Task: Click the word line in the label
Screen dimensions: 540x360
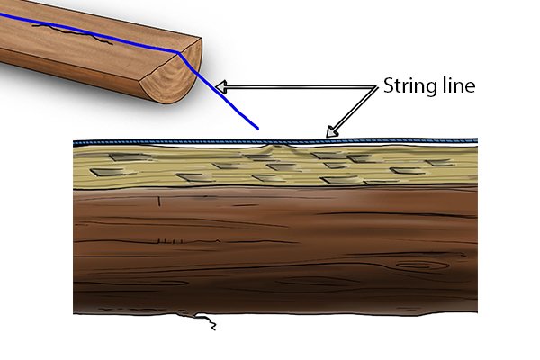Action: (x=458, y=85)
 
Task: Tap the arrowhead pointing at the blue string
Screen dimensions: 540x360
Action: (x=221, y=86)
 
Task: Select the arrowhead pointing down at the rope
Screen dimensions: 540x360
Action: (x=331, y=131)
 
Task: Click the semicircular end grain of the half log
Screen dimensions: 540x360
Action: (x=172, y=76)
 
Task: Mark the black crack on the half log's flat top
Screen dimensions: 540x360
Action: (x=72, y=33)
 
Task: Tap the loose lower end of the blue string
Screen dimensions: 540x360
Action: (x=257, y=128)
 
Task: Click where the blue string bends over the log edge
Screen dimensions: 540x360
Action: (x=179, y=53)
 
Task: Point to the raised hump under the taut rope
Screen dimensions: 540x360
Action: (x=274, y=148)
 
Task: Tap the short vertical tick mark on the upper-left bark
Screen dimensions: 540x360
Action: (x=159, y=201)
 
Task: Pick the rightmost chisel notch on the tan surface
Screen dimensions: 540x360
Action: (x=439, y=163)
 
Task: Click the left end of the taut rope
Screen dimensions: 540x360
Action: (x=75, y=142)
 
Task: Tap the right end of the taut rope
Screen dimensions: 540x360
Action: (x=476, y=140)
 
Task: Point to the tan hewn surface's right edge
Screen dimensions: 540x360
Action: (x=477, y=165)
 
